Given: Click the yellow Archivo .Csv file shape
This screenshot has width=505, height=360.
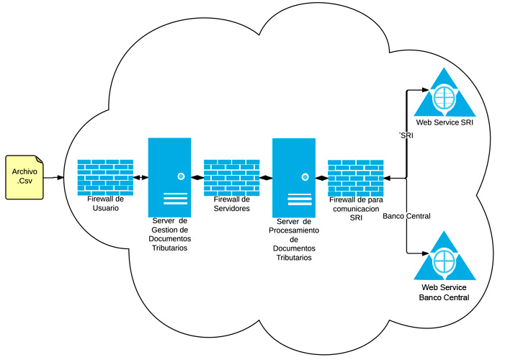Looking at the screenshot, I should (x=24, y=176).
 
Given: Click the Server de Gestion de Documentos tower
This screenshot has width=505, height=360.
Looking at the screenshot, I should (x=169, y=176).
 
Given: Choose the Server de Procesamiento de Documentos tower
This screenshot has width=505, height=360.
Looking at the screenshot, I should (x=293, y=178).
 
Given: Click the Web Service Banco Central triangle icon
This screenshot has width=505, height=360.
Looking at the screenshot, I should (x=444, y=258).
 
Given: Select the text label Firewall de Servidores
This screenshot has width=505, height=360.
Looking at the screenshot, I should (x=232, y=204).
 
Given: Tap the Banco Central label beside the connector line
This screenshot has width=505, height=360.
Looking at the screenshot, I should (x=406, y=216).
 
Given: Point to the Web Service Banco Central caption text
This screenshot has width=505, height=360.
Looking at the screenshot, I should (x=444, y=292).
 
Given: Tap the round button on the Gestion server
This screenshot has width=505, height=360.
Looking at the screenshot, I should (x=182, y=176).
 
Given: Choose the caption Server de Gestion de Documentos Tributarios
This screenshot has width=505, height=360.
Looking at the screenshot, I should (x=169, y=234).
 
